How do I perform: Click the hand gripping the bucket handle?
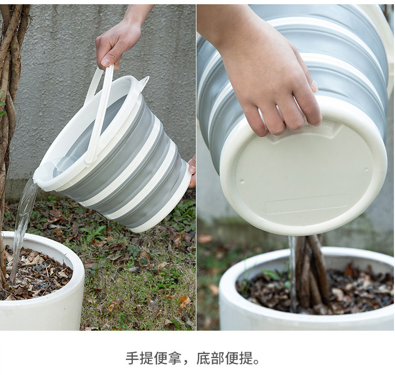click(x=121, y=38)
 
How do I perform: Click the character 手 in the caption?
click(x=133, y=358)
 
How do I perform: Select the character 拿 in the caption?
click(x=174, y=358)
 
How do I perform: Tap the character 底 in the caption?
click(x=203, y=358)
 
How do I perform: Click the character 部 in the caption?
click(x=218, y=358)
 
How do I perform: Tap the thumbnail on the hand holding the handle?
click(x=106, y=62)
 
